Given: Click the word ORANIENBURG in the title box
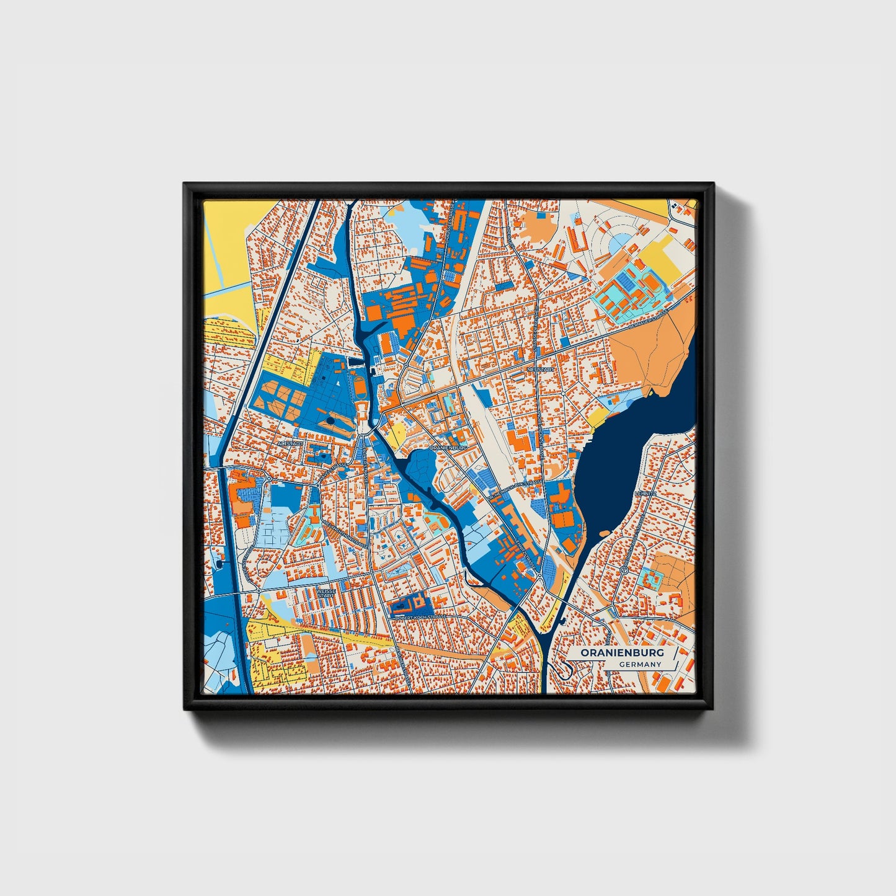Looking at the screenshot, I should click(x=622, y=654).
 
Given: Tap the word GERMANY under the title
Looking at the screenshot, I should click(x=640, y=665).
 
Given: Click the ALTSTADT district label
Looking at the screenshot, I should click(x=290, y=444).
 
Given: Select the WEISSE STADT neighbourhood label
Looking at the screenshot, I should click(x=326, y=593).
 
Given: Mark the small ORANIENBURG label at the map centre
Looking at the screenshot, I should click(x=448, y=446).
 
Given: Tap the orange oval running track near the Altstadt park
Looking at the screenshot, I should click(x=359, y=387).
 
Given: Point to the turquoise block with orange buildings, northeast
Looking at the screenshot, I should click(x=626, y=291).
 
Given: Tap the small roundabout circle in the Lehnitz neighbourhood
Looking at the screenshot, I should click(x=624, y=569).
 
